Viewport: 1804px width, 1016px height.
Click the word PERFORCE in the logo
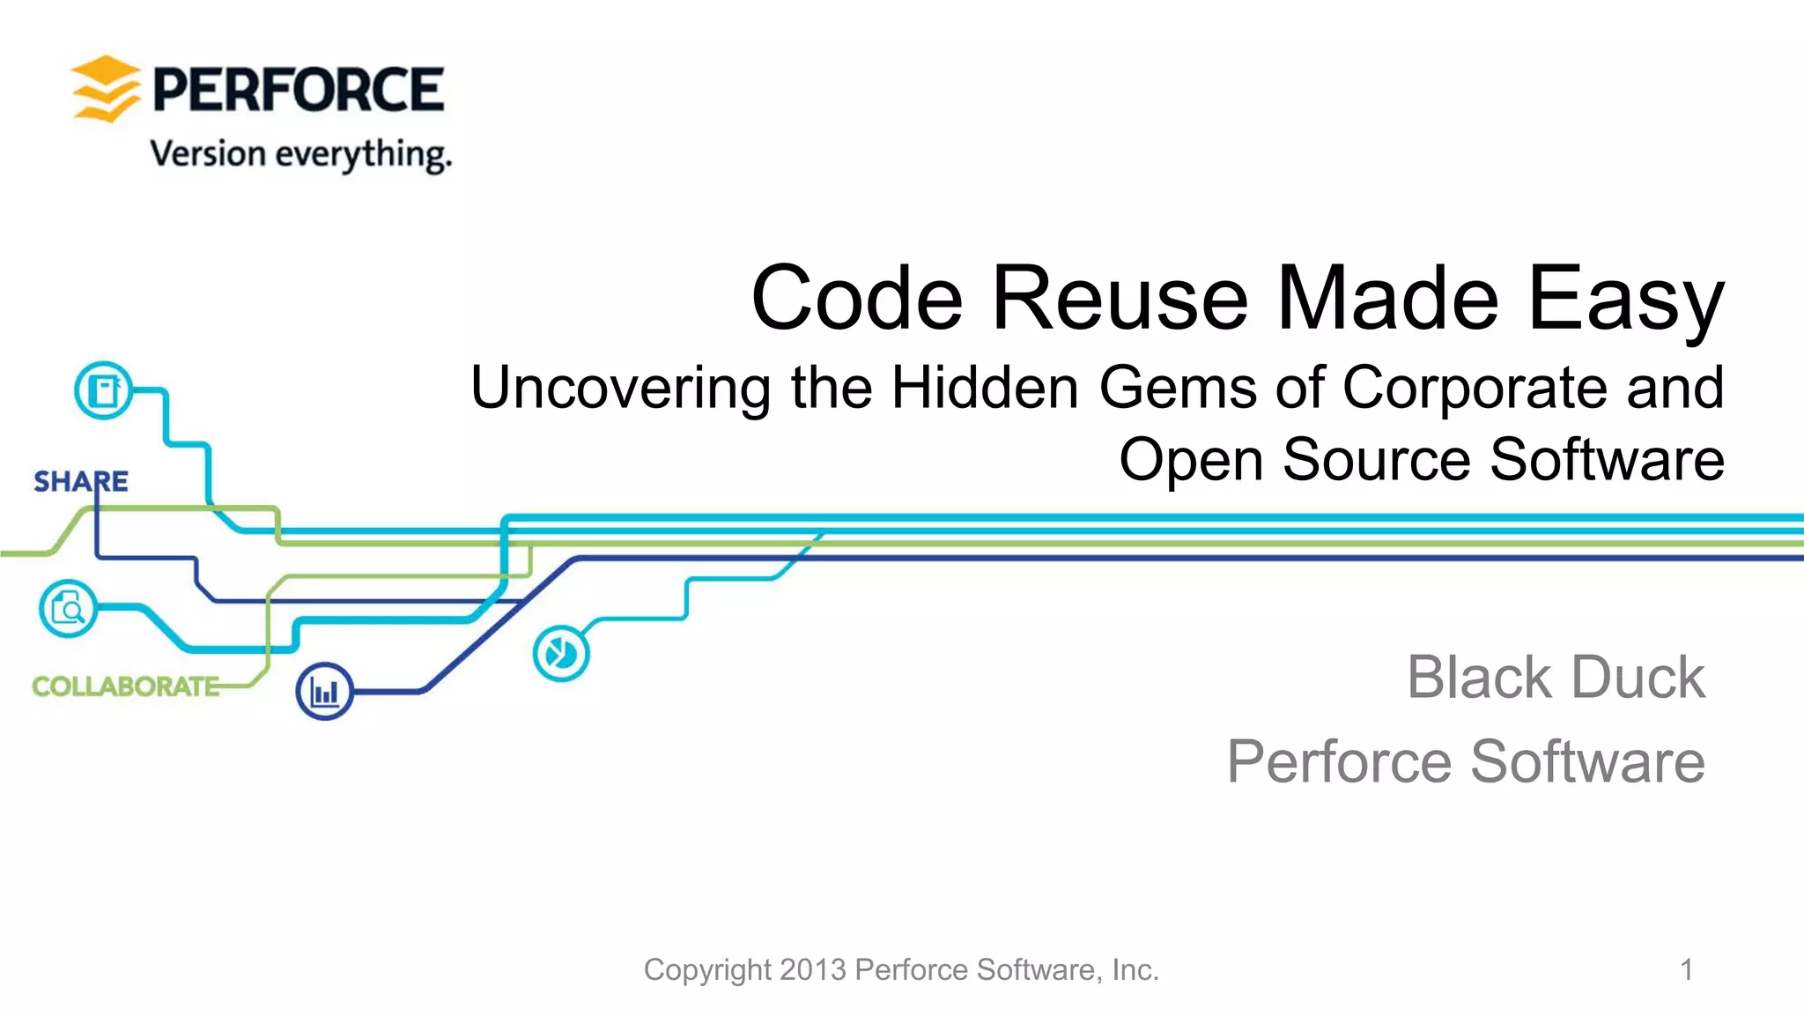(x=299, y=90)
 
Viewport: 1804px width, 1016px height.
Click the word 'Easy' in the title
(x=1625, y=299)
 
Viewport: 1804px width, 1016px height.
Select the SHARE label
(x=81, y=481)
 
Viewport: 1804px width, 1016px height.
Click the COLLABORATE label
(x=126, y=686)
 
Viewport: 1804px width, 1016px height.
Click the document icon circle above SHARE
(x=104, y=390)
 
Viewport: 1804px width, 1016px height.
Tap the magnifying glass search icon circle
(x=68, y=608)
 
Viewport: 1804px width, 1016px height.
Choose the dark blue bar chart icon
(x=325, y=692)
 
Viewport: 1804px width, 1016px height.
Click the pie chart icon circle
(x=561, y=654)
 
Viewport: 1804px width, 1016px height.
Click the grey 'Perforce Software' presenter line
(x=1466, y=761)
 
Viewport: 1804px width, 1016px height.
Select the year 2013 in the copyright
(x=812, y=970)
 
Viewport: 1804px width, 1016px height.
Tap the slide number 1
(x=1686, y=970)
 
